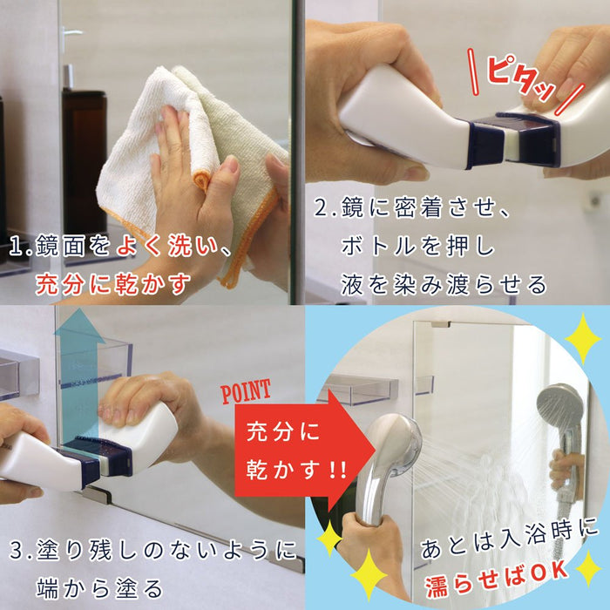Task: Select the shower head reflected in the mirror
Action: click(x=559, y=410)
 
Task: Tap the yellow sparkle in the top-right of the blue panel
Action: click(x=581, y=338)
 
